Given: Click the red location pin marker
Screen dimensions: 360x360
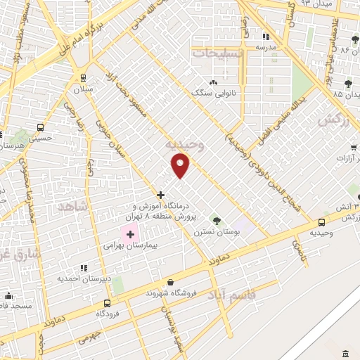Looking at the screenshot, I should click(181, 165).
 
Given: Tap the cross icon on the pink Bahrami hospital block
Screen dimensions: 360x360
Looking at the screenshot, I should click(130, 233).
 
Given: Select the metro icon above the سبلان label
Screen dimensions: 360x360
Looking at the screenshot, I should click(84, 78).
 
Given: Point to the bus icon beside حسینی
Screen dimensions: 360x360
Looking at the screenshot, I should click(40, 128).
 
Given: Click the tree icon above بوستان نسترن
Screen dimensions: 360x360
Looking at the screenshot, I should click(216, 221).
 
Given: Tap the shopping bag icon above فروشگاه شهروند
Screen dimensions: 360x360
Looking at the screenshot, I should click(171, 281).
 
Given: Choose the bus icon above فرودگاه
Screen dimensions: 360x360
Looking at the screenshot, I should click(107, 304).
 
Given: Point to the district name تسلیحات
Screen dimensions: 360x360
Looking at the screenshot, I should click(219, 52).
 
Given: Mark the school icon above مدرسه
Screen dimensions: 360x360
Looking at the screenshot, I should click(265, 37).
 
